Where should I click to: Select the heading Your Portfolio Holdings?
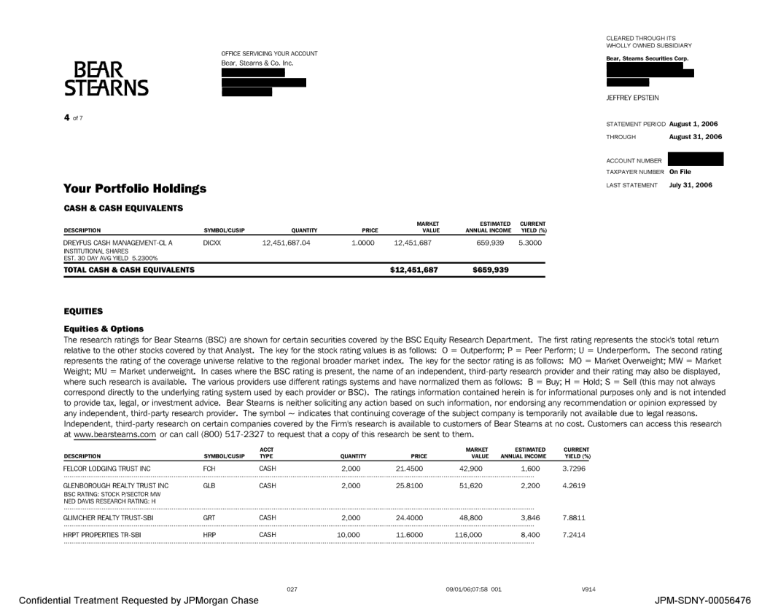coord(135,189)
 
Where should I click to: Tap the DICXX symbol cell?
coord(211,242)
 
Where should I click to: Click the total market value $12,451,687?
coord(415,270)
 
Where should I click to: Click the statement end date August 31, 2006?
coord(695,136)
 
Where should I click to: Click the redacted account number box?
coord(695,160)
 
